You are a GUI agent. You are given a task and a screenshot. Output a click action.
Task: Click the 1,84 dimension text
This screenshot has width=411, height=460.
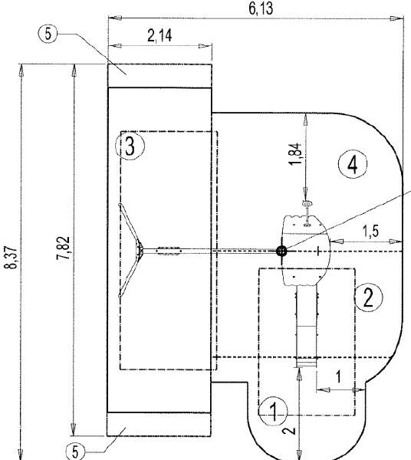(296, 152)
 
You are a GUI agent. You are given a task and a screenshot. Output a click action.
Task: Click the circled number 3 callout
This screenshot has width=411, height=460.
(130, 146)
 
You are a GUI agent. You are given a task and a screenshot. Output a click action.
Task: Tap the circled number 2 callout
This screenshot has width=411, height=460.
(368, 296)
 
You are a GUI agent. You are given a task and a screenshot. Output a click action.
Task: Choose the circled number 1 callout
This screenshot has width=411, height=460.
(270, 409)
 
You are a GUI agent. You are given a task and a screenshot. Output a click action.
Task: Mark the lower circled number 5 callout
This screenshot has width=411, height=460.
(74, 452)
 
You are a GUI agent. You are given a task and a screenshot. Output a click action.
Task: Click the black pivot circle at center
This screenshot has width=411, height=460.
(282, 250)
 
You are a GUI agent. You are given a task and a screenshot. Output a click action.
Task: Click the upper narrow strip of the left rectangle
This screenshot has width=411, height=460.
(159, 76)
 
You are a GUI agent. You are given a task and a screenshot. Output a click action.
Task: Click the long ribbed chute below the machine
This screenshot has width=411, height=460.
(307, 326)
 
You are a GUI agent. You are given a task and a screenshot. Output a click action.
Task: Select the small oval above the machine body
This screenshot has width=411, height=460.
(306, 205)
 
